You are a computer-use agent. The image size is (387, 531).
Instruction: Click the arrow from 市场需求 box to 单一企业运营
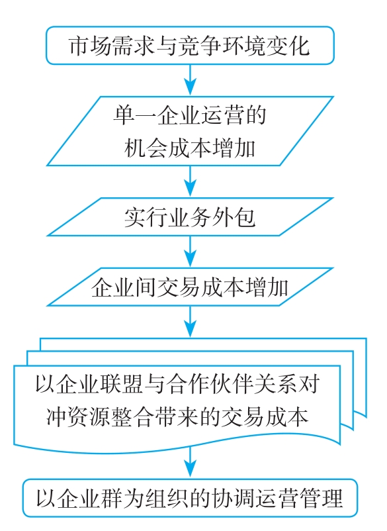[191, 80]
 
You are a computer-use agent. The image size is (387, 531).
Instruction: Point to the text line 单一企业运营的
[190, 115]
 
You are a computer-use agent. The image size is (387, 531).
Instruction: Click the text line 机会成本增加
[190, 148]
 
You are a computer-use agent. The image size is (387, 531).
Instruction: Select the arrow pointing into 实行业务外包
[191, 181]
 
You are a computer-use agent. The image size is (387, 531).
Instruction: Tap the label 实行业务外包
[190, 217]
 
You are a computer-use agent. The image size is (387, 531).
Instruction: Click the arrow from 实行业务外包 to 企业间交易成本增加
[191, 252]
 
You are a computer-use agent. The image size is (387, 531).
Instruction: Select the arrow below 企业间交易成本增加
[191, 321]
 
